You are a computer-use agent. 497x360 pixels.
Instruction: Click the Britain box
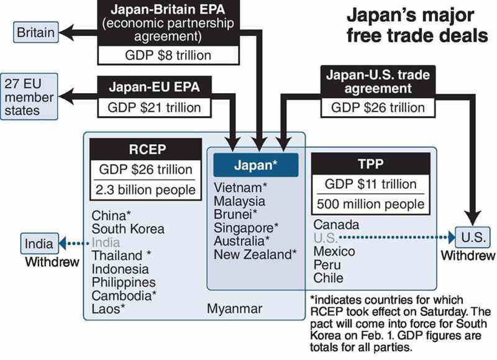pyautogui.click(x=36, y=32)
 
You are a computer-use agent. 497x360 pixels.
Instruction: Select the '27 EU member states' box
pyautogui.click(x=29, y=97)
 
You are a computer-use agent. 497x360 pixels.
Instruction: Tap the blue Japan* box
pyautogui.click(x=256, y=165)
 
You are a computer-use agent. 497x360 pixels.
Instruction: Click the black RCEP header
pyautogui.click(x=146, y=149)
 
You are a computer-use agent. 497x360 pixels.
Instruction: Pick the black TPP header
pyautogui.click(x=371, y=164)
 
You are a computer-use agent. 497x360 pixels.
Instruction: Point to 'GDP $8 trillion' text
pyautogui.click(x=168, y=55)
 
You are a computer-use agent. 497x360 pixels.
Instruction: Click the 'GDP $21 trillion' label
pyautogui.click(x=154, y=107)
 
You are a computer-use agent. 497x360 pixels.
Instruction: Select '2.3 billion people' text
pyautogui.click(x=145, y=190)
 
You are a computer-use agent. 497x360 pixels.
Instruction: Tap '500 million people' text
pyautogui.click(x=370, y=204)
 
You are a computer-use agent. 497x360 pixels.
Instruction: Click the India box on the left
pyautogui.click(x=40, y=243)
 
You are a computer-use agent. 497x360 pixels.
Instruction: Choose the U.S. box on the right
pyautogui.click(x=473, y=237)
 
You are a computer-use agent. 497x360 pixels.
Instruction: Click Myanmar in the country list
pyautogui.click(x=235, y=308)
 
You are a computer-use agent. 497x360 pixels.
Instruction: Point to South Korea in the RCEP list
pyautogui.click(x=128, y=229)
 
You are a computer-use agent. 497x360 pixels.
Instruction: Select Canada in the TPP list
pyautogui.click(x=336, y=225)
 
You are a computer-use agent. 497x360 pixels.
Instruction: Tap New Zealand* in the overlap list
pyautogui.click(x=255, y=254)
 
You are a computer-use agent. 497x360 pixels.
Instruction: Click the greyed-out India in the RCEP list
pyautogui.click(x=106, y=243)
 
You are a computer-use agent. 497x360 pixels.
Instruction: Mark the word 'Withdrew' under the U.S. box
pyautogui.click(x=468, y=256)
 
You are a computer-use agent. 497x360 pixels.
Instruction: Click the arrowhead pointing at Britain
pyautogui.click(x=66, y=32)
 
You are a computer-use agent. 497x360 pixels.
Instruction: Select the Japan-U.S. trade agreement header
pyautogui.click(x=378, y=81)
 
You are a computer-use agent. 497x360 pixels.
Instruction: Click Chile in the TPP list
pyautogui.click(x=329, y=278)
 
